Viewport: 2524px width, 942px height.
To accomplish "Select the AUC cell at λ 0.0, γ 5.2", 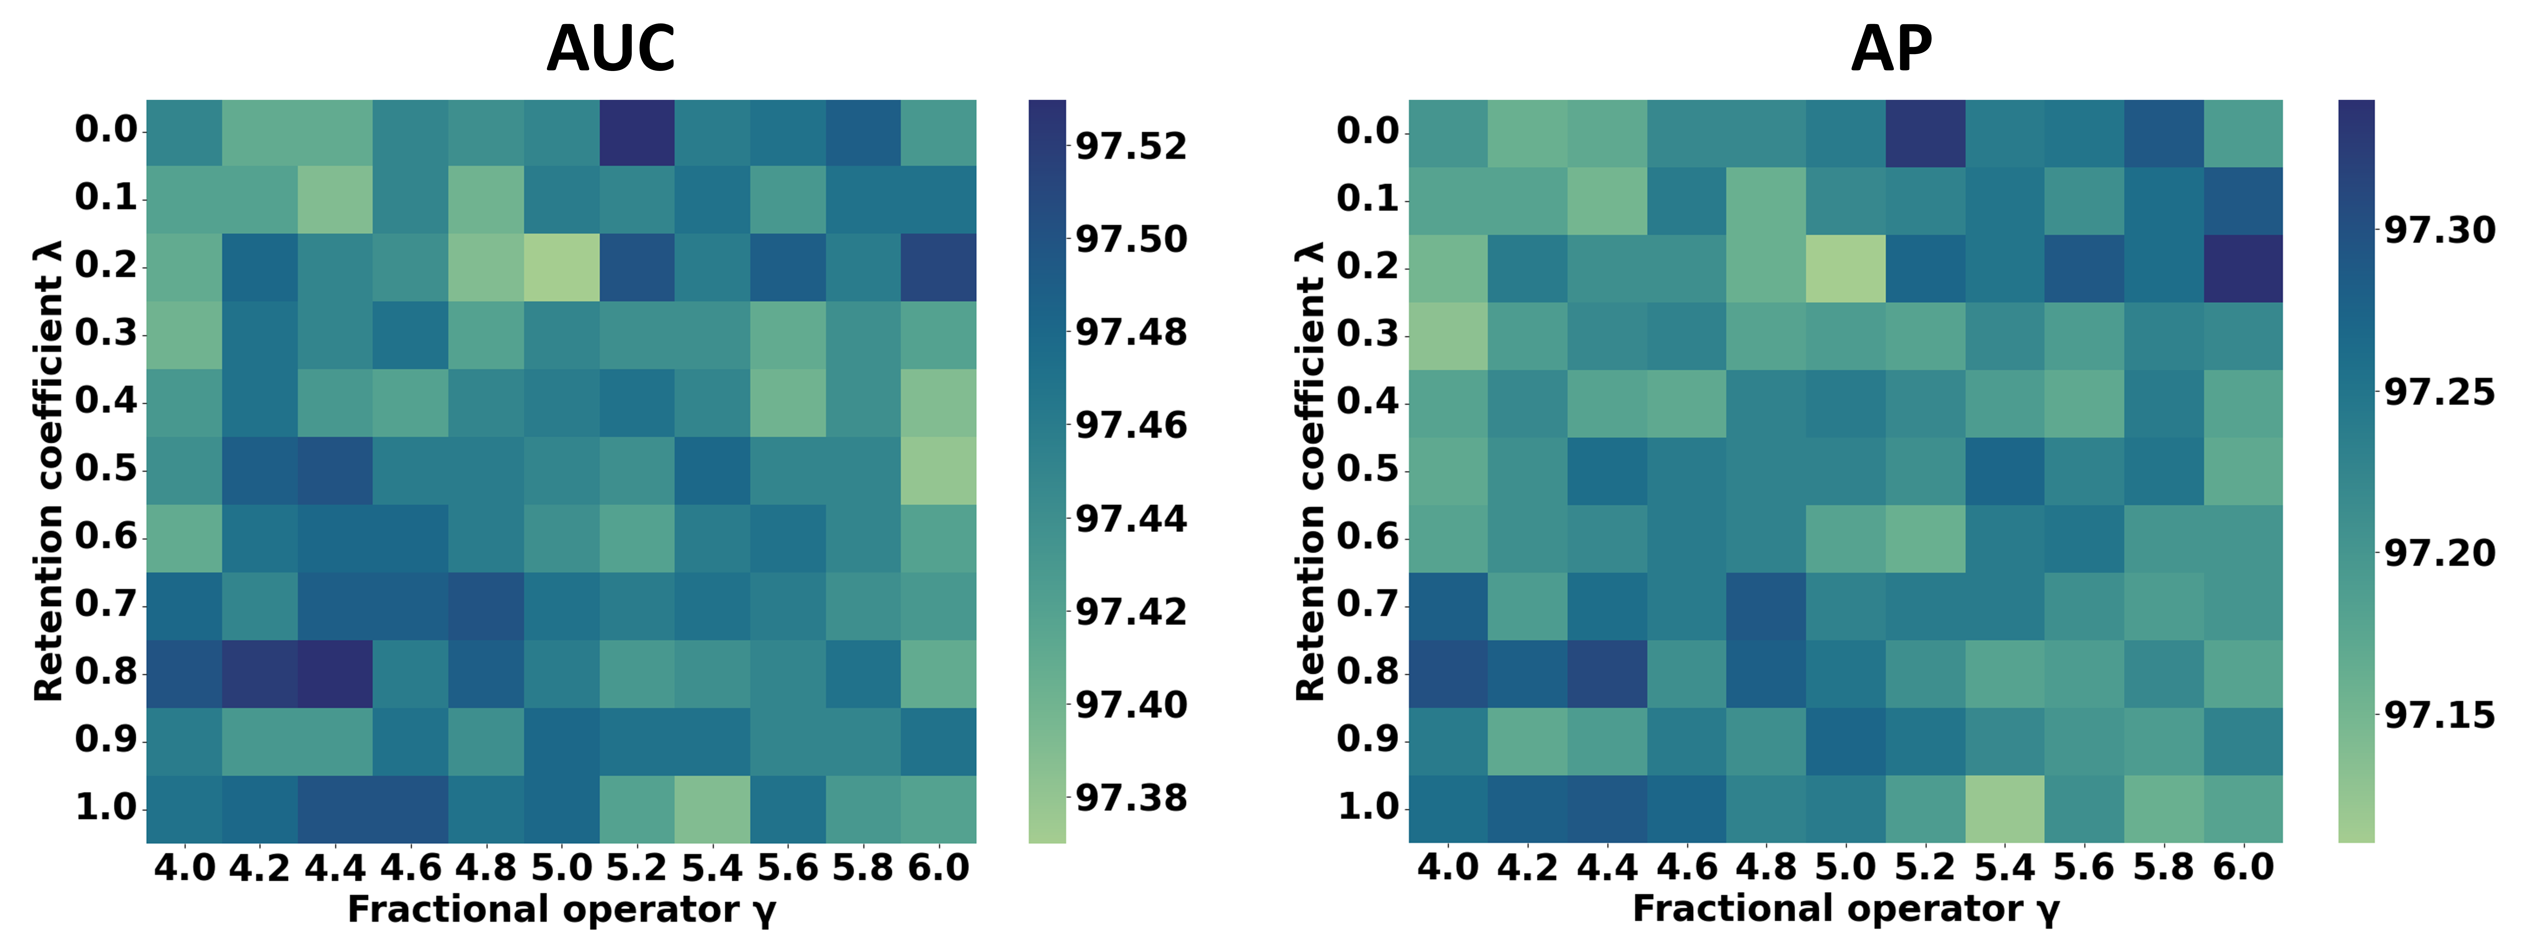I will pos(637,132).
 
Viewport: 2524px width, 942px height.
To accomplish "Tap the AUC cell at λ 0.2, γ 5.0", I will pos(562,267).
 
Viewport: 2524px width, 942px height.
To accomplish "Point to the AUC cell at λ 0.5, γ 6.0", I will pos(939,470).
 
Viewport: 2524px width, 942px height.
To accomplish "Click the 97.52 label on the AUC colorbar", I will pos(1131,146).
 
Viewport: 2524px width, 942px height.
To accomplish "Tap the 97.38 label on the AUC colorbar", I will pos(1131,798).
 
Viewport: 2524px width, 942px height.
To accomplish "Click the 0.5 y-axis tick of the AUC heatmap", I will pos(106,468).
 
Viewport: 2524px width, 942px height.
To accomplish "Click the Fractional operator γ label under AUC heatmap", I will pos(562,910).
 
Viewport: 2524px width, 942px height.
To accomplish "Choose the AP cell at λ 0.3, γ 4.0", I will pos(1448,335).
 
